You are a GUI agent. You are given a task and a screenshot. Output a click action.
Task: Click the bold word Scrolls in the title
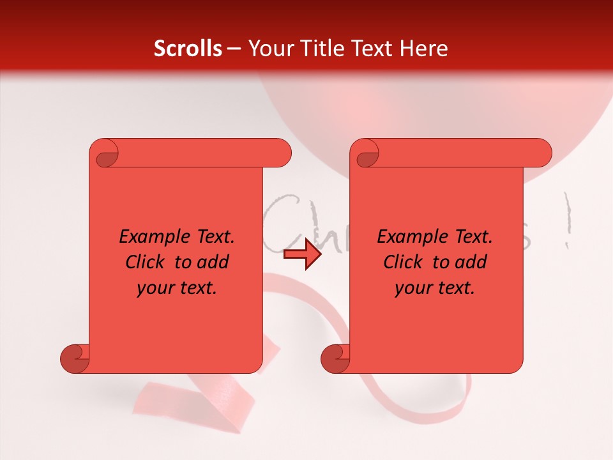(188, 49)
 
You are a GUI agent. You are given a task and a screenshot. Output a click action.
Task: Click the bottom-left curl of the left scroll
(76, 358)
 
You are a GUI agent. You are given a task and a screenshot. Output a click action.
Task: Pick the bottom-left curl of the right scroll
(337, 358)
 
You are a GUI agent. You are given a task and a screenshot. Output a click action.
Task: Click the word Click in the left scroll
(144, 263)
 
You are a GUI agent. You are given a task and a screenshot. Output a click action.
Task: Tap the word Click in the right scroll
(402, 263)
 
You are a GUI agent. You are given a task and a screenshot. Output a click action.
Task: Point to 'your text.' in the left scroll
(177, 288)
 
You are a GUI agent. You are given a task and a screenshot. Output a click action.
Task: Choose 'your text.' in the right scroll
(435, 288)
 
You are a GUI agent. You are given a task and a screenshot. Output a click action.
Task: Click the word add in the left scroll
(212, 263)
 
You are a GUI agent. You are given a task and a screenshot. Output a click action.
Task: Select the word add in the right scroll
(470, 263)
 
